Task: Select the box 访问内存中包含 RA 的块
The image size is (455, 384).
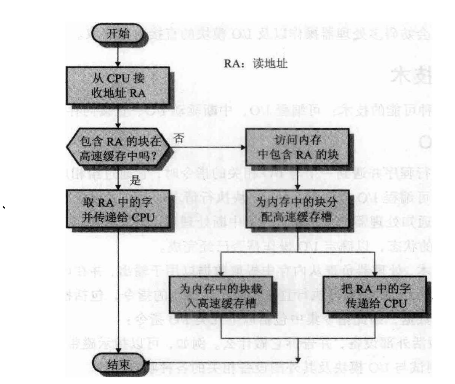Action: coord(298,150)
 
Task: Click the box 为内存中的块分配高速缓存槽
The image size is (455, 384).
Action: coord(298,208)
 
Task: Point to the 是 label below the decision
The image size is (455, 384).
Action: coord(135,181)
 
